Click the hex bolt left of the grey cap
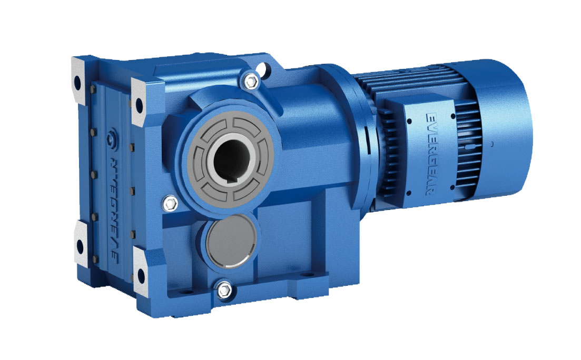pyautogui.click(x=170, y=202)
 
